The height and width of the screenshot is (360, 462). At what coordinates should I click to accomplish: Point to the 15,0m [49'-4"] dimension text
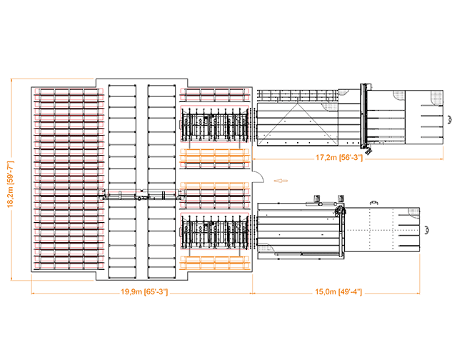click(x=339, y=292)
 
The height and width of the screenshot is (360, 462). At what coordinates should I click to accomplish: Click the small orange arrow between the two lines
click(x=281, y=181)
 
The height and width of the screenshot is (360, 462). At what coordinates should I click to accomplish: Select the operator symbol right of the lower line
click(x=426, y=230)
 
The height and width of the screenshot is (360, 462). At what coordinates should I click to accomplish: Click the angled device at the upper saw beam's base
click(x=367, y=151)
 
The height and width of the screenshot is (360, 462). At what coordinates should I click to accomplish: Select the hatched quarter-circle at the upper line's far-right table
click(x=436, y=96)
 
